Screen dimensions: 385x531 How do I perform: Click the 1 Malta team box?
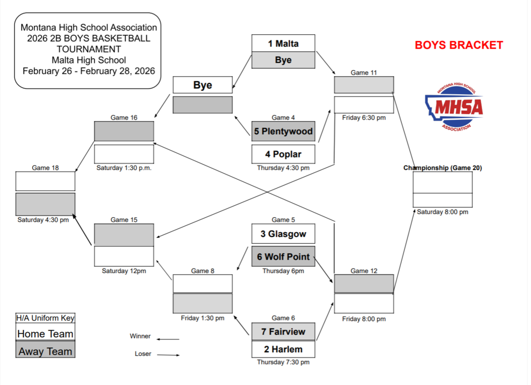pyautogui.click(x=283, y=44)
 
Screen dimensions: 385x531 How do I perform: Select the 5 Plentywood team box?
pyautogui.click(x=283, y=132)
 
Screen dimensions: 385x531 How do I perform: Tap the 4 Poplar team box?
pyautogui.click(x=283, y=154)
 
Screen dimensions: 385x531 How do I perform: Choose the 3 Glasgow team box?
pyautogui.click(x=283, y=234)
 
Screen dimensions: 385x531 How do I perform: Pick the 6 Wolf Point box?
pyautogui.click(x=283, y=256)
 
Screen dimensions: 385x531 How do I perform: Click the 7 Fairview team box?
pyautogui.click(x=283, y=332)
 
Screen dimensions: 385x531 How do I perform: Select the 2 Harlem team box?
pyautogui.click(x=283, y=349)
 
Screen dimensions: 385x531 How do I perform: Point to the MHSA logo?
pyautogui.click(x=454, y=108)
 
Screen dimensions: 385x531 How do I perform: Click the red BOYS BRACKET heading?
pyautogui.click(x=458, y=45)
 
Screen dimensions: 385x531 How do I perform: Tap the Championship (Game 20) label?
pyautogui.click(x=442, y=168)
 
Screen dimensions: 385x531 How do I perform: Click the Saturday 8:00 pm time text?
pyautogui.click(x=442, y=212)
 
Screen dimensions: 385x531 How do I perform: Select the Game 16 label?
pyautogui.click(x=124, y=118)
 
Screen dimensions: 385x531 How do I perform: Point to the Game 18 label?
pyautogui.click(x=45, y=168)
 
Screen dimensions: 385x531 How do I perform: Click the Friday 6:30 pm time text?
pyautogui.click(x=364, y=118)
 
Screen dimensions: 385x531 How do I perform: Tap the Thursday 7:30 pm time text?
pyautogui.click(x=283, y=362)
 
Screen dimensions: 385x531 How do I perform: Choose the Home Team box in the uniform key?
pyautogui.click(x=45, y=334)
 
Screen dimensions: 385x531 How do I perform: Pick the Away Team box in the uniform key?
pyautogui.click(x=45, y=351)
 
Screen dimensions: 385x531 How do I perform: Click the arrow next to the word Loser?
pyautogui.click(x=168, y=355)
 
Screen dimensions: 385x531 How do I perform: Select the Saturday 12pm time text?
pyautogui.click(x=124, y=270)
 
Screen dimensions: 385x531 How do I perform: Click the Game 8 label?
pyautogui.click(x=202, y=270)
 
